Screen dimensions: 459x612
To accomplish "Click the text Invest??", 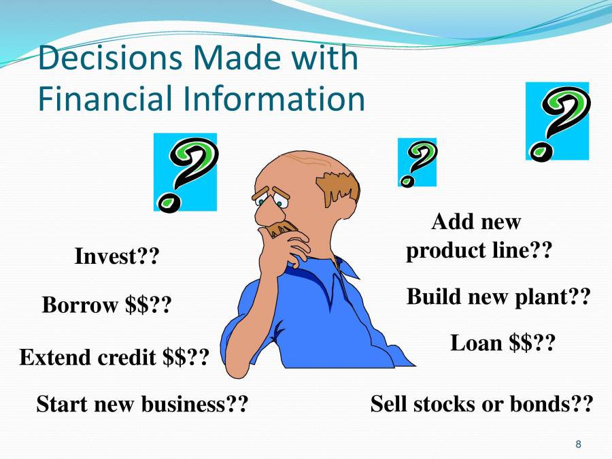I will pos(116,257).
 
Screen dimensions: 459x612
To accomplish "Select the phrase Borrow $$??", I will pos(107,305).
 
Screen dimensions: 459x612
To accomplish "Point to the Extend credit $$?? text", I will pos(114,356).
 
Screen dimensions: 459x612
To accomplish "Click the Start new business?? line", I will pos(141,404).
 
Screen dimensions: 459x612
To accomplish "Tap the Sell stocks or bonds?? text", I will pos(481,404).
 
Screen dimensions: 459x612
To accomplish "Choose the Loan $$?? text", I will pos(503,343).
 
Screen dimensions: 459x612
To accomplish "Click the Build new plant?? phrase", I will pos(497,296).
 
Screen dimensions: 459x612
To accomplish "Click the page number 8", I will pos(578,445).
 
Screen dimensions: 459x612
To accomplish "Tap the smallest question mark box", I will pos(417,163).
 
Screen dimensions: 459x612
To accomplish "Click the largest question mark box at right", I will pos(557,122).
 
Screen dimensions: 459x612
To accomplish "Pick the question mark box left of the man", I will pos(185,172).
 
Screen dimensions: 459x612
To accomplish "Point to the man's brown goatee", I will pos(282,228).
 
